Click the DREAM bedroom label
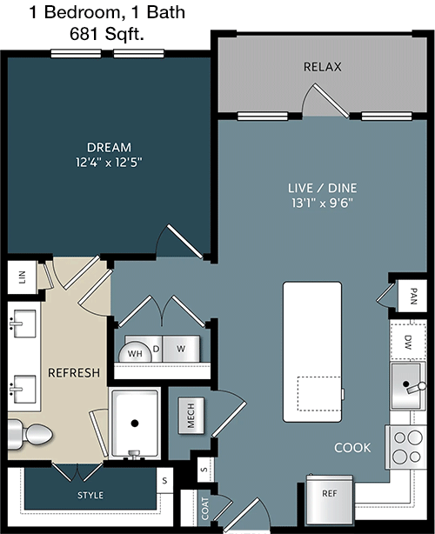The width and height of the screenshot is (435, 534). click(109, 148)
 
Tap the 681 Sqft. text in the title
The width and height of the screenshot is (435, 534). click(107, 34)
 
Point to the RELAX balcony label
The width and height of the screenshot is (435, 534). click(322, 67)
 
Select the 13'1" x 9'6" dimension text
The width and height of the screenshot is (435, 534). click(322, 203)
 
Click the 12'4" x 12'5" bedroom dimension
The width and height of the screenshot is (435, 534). click(109, 163)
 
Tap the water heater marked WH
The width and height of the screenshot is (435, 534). click(135, 352)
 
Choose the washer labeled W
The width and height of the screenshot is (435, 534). click(181, 349)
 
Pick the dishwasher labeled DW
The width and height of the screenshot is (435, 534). click(408, 342)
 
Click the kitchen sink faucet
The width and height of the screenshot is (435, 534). click(417, 388)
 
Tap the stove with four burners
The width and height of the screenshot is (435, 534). click(406, 447)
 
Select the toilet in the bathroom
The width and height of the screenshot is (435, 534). click(30, 435)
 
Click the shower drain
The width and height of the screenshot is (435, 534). click(135, 424)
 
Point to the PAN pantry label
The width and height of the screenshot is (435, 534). click(413, 297)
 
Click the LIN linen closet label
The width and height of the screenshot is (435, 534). click(23, 277)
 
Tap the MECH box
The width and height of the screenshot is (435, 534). click(191, 416)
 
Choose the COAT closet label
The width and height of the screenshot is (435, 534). click(205, 509)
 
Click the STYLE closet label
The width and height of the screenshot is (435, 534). click(90, 495)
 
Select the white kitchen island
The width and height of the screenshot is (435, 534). click(312, 352)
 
